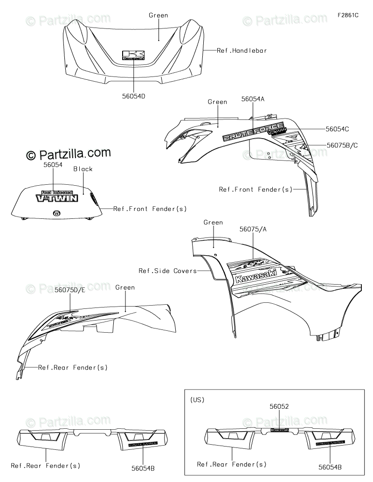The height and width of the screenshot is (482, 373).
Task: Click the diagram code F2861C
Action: click(348, 15)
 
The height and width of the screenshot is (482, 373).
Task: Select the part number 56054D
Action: click(133, 96)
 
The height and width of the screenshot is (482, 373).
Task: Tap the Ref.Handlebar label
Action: click(242, 50)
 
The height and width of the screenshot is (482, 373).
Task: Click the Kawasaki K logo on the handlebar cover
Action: click(134, 56)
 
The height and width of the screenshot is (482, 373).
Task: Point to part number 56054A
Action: click(253, 99)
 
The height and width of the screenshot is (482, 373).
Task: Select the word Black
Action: click(83, 169)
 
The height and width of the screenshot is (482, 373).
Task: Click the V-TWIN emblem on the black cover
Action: click(57, 197)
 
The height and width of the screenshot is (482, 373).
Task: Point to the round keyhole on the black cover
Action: click(56, 213)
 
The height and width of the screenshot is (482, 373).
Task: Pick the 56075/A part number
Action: click(254, 230)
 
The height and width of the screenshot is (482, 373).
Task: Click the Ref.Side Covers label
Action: click(167, 271)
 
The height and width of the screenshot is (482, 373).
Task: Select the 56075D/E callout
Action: click(70, 290)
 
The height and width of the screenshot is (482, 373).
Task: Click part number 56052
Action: click(279, 406)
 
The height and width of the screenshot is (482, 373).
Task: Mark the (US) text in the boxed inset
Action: click(197, 400)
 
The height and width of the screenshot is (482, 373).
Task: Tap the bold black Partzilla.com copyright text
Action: click(68, 154)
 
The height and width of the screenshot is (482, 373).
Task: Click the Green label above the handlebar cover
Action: click(159, 15)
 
